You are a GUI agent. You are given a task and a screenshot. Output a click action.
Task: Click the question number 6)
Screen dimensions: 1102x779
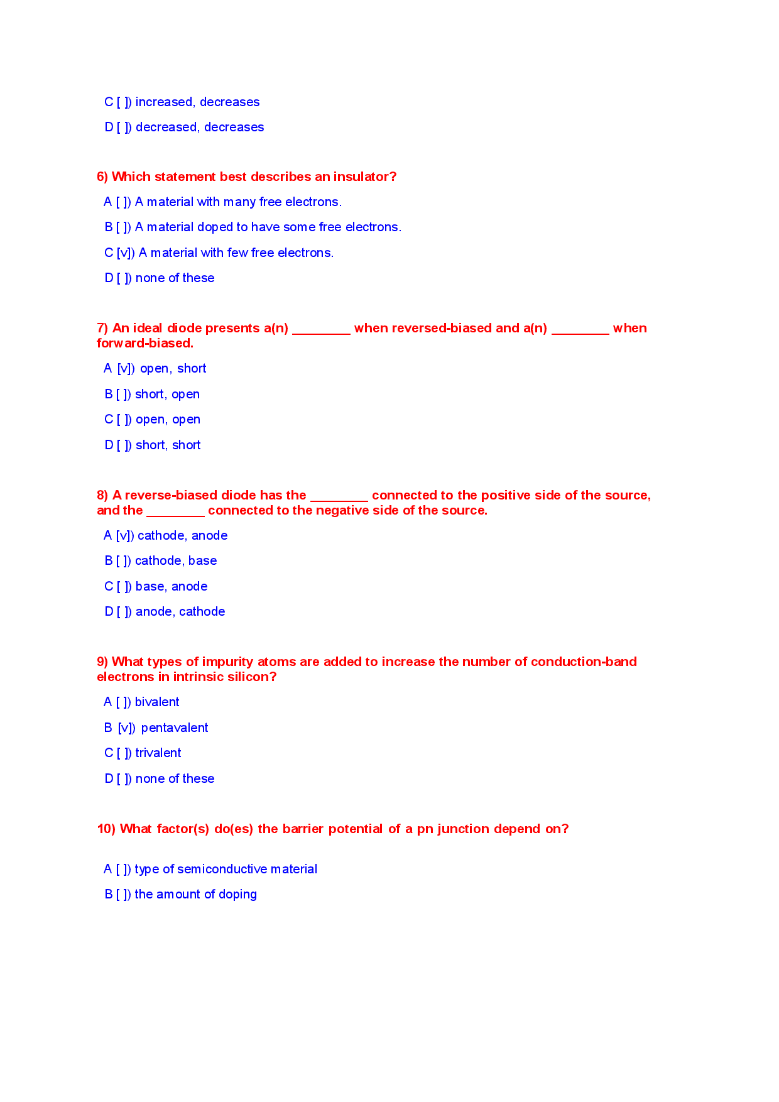[x=102, y=177]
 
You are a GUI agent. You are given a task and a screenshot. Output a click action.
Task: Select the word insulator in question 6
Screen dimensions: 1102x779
[x=364, y=177]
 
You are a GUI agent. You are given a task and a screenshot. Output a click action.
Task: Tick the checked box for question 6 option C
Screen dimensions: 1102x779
[x=125, y=253]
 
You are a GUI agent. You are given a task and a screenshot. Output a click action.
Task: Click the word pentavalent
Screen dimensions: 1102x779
[x=175, y=728]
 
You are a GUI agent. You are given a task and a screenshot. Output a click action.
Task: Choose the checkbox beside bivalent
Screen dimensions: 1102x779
[x=123, y=702]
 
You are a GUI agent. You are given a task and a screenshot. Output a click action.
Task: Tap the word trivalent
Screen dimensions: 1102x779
[x=158, y=753]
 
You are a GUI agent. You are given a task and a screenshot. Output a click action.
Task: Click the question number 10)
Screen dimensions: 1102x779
[x=106, y=829]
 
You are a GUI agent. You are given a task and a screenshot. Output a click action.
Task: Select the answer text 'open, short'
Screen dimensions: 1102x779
[x=173, y=369]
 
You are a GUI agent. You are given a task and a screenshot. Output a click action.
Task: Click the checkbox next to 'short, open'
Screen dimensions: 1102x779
[x=123, y=395]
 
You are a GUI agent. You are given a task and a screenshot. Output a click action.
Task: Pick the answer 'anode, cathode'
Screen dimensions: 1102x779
[x=180, y=612]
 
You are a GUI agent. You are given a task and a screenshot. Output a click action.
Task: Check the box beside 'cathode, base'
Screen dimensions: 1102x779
[x=123, y=561]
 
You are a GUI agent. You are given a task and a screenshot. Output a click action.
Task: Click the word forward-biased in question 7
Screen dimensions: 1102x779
[x=144, y=344]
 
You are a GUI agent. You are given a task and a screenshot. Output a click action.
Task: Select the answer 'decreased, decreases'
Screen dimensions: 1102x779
[x=200, y=128]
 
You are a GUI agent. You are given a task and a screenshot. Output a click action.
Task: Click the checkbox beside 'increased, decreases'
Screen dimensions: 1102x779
[x=124, y=102]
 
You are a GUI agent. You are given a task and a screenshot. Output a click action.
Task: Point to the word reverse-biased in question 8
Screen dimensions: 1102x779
[x=175, y=496]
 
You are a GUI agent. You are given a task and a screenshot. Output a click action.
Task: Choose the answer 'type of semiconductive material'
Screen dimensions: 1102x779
[x=226, y=870]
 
